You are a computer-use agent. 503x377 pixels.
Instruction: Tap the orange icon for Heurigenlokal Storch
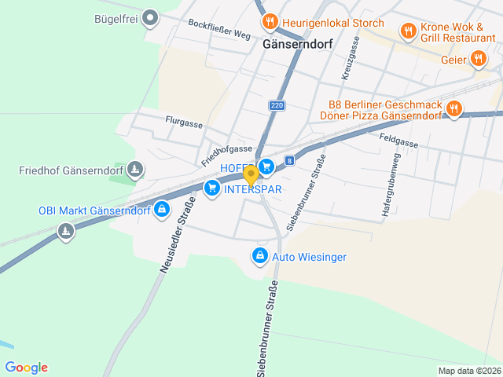point(270,22)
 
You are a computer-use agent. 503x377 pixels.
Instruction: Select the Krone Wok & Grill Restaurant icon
point(408,31)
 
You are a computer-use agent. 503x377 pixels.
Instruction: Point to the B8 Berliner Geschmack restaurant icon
point(453,109)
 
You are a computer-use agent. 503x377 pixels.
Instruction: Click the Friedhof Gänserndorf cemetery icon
point(136,170)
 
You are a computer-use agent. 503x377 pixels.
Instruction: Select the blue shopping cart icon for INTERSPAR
point(211,188)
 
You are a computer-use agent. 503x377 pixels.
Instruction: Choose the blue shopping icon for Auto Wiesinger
point(260,256)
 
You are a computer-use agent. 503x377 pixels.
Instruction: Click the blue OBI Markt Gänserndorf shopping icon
point(162,210)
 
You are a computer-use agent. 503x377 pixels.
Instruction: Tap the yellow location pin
point(251,174)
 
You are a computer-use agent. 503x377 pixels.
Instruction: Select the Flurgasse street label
point(184,123)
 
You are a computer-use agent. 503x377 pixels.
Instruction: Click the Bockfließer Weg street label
point(219,29)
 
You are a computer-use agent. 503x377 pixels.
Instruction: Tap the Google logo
point(26,367)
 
